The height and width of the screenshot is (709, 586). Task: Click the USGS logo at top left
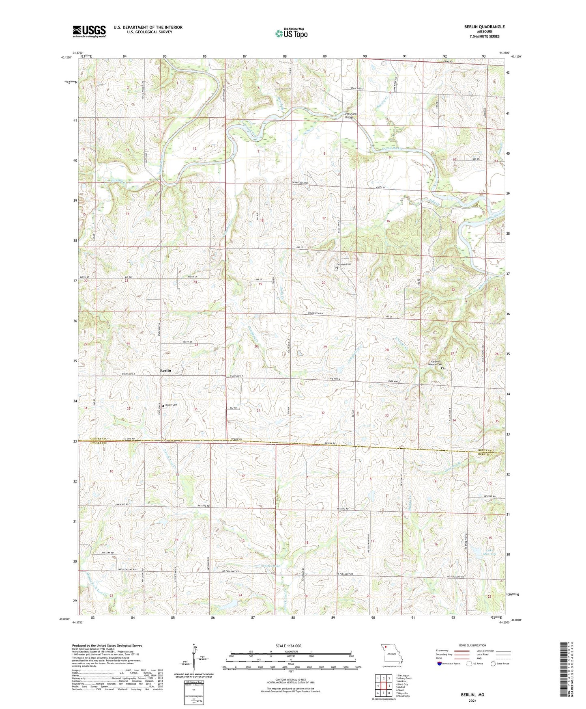tap(89, 31)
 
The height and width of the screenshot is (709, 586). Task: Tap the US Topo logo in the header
tap(291, 33)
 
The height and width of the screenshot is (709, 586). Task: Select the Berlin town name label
tap(165, 370)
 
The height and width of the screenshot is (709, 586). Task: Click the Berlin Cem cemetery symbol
tap(163, 405)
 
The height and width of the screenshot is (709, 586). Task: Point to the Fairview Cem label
tap(346, 264)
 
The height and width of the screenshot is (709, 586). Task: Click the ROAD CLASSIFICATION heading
tap(472, 645)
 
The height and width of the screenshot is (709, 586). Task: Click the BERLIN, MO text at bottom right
tap(472, 695)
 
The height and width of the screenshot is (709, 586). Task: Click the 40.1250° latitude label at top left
tap(66, 57)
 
